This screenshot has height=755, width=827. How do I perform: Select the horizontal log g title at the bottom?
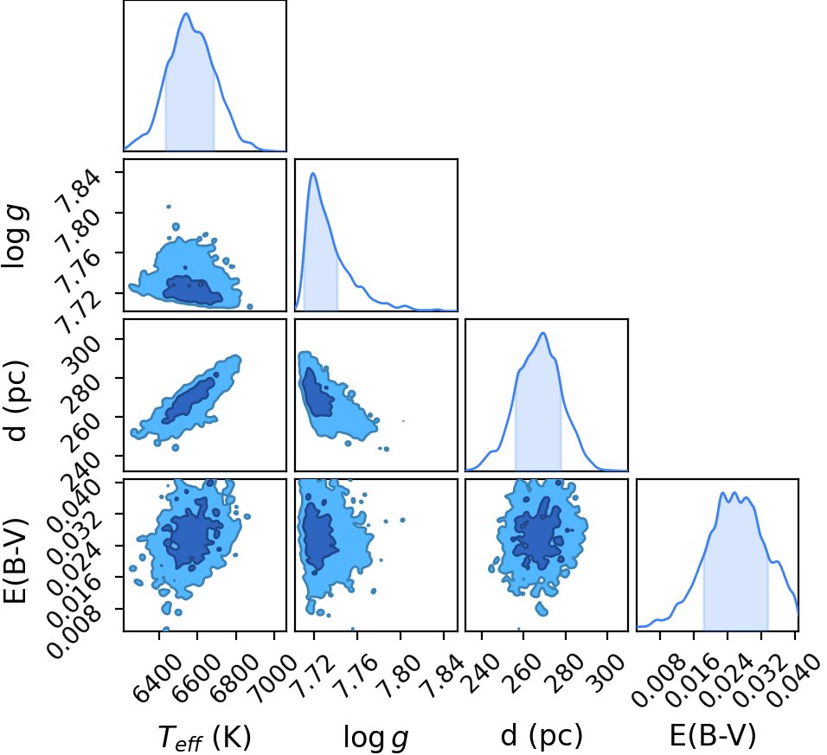click(375, 737)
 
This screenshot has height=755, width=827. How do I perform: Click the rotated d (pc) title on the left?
click(16, 400)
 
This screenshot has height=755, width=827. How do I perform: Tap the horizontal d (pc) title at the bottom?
click(542, 735)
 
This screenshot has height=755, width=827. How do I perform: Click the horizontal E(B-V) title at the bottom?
click(713, 735)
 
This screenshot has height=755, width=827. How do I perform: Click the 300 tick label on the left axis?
click(80, 350)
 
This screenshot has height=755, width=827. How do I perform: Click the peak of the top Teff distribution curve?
click(186, 13)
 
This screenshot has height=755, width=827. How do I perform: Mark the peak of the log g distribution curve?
click(313, 173)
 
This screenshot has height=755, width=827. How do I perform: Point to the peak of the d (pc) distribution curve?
click(542, 333)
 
